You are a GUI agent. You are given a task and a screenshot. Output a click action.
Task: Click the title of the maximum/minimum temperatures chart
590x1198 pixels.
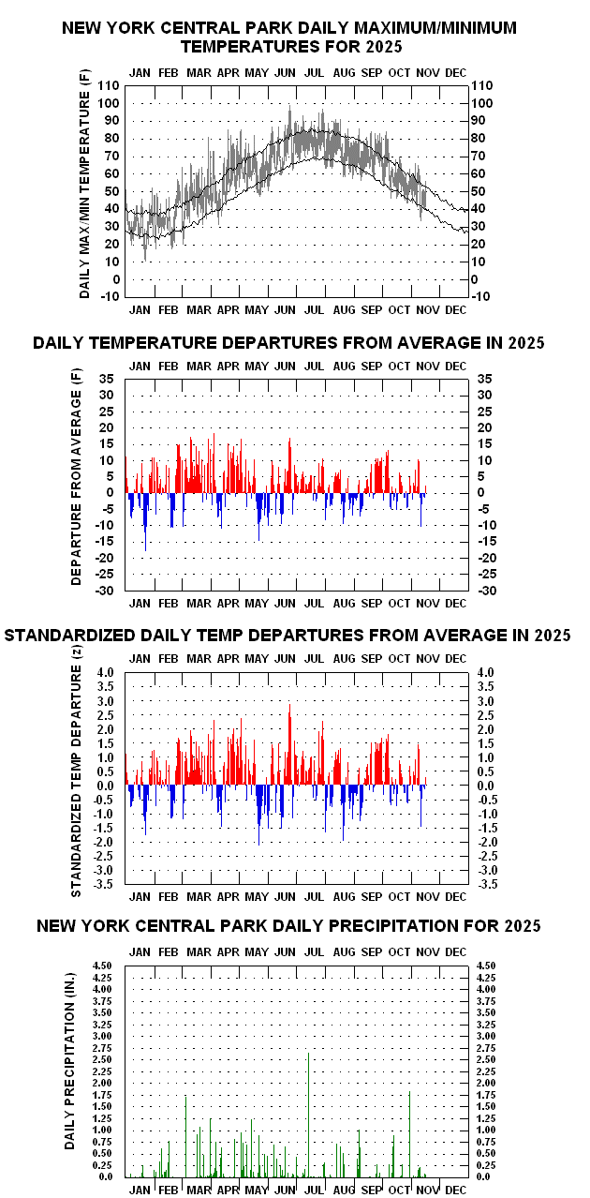click(x=288, y=37)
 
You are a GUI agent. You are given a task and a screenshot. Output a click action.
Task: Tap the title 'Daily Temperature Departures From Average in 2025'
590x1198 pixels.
click(x=288, y=343)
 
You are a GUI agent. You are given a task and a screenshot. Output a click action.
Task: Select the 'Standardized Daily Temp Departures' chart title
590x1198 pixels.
click(x=288, y=636)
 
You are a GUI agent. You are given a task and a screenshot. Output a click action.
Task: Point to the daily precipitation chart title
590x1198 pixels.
click(x=288, y=926)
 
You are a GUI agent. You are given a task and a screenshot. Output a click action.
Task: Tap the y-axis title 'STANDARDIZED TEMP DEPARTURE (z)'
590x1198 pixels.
click(x=78, y=777)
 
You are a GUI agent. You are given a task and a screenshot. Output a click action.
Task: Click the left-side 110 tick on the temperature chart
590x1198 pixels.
click(x=110, y=85)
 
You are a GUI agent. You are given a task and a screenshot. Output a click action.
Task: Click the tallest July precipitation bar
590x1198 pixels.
click(x=309, y=1116)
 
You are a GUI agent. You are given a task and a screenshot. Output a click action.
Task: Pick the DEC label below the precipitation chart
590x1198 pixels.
click(x=455, y=1189)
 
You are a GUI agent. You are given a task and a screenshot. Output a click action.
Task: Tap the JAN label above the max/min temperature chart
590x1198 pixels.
click(x=140, y=72)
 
